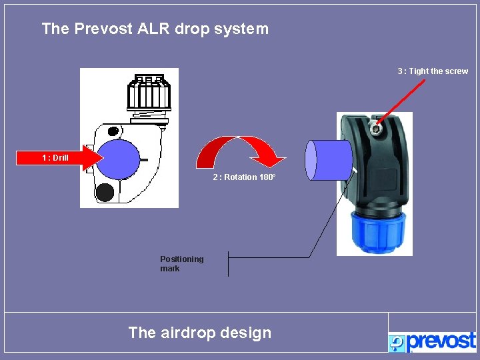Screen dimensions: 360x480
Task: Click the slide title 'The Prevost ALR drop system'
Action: coord(155,29)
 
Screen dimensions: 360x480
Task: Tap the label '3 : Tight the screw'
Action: coord(433,71)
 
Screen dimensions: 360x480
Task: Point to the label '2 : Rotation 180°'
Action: coord(244,177)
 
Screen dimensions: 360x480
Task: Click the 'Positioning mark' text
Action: coord(181,263)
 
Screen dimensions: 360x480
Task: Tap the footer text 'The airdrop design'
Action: coord(199,333)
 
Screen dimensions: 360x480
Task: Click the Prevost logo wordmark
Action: coord(441,341)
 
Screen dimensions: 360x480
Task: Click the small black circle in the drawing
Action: coord(105,192)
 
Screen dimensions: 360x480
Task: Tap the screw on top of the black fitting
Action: coord(377,128)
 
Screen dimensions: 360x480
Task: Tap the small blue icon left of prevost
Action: coord(397,342)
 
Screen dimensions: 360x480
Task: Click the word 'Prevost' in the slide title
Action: coord(101,29)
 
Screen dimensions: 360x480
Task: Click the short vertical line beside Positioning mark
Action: coord(228,263)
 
